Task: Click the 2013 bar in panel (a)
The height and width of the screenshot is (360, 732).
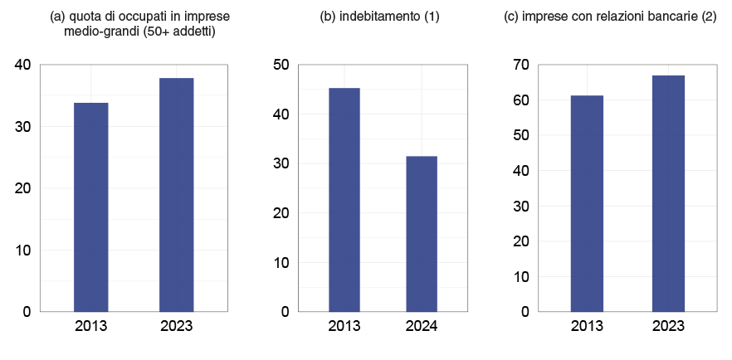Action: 91,207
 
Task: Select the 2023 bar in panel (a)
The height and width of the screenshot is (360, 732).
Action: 176,195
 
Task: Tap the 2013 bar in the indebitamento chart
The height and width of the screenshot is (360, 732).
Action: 344,200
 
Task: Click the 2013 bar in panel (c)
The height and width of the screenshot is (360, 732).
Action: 587,203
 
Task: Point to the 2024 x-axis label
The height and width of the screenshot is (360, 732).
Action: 422,326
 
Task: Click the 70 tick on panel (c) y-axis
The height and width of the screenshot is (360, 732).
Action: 520,65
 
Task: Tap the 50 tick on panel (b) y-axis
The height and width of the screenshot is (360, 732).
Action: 281,65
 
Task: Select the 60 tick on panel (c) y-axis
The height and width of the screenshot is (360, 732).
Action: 520,100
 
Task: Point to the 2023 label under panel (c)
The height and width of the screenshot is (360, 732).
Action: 668,326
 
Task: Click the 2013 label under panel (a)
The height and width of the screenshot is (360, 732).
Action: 91,326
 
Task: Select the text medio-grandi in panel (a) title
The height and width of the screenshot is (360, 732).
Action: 98,32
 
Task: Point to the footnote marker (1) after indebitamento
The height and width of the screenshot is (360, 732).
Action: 432,17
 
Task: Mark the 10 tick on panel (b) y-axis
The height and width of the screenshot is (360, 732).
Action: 281,262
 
